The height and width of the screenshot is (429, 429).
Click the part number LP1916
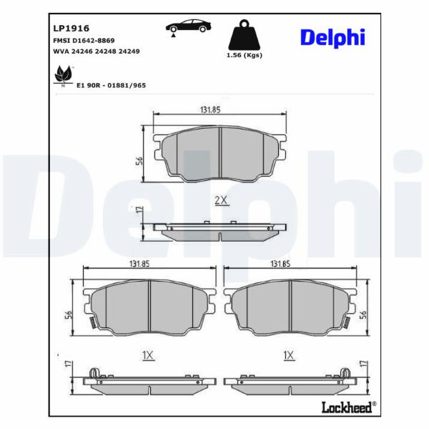tap(71, 28)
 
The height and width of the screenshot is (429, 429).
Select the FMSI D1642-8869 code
tap(84, 41)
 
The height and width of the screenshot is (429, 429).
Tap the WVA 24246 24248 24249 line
tap(97, 51)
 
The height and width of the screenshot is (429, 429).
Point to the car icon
tap(188, 27)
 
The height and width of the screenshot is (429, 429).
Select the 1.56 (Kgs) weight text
tap(245, 55)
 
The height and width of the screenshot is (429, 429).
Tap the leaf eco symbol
tap(63, 75)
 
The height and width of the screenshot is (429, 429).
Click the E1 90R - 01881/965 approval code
tap(111, 85)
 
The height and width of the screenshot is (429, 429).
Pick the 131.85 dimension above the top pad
tap(210, 109)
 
